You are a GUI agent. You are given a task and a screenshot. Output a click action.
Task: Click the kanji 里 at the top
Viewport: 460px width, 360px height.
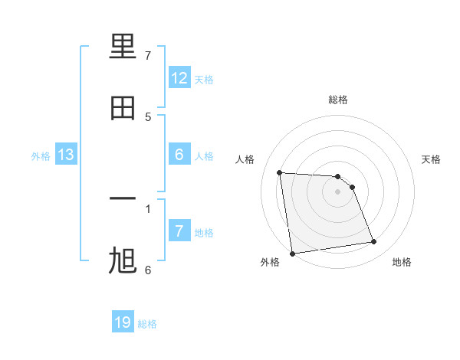point(123,48)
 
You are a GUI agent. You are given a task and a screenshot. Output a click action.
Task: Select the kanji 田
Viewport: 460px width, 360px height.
point(123,109)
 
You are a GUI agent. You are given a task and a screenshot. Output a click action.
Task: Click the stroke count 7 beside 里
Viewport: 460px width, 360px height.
point(148,56)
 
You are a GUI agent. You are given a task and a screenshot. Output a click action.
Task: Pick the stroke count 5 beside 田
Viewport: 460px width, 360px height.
point(148,116)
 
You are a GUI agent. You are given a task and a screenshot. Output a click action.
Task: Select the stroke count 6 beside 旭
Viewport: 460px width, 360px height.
point(148,270)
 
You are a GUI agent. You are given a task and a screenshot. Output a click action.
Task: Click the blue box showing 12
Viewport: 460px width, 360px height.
point(179,78)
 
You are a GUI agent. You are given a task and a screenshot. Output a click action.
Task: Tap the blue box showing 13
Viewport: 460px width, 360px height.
point(66,155)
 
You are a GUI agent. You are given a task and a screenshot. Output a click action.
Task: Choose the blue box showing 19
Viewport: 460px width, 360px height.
point(123,322)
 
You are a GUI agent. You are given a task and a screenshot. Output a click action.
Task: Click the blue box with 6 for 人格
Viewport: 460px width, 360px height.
point(179,155)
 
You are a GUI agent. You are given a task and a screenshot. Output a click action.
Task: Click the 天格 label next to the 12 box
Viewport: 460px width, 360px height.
point(204,79)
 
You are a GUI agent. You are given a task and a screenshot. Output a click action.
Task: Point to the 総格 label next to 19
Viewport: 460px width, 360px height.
point(147,324)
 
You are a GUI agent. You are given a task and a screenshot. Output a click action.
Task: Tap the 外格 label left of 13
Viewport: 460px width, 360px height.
point(41,156)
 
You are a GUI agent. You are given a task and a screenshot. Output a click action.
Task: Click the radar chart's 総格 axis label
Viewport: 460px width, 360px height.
point(337,100)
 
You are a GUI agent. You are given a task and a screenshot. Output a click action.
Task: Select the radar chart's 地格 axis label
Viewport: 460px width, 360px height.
point(402,262)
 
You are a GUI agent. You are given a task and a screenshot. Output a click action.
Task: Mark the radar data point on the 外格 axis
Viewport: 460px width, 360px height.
point(292,253)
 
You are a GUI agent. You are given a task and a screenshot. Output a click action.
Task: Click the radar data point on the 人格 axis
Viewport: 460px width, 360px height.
point(280,172)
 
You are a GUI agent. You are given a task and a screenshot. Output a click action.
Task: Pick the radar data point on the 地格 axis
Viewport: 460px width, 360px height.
point(374,242)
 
